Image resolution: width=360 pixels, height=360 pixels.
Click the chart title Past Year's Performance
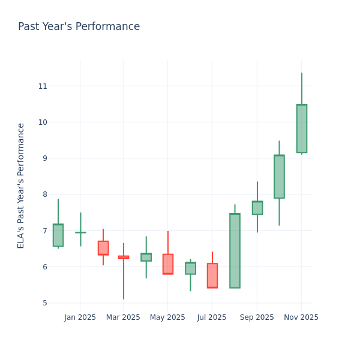click(x=79, y=27)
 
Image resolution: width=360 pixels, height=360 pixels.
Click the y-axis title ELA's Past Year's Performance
click(x=21, y=185)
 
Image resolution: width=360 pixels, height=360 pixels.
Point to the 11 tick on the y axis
click(x=42, y=86)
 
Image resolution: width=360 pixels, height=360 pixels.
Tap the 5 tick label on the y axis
click(x=44, y=303)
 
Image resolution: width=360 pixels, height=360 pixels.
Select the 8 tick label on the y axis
click(x=44, y=194)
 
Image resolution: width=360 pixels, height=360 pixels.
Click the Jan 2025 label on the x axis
click(x=80, y=317)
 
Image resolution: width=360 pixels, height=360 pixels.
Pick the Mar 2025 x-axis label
click(x=123, y=317)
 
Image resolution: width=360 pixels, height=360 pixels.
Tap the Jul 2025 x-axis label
click(x=212, y=317)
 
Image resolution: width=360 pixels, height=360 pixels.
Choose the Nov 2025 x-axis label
click(x=301, y=317)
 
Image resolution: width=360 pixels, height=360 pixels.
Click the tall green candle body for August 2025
click(x=235, y=251)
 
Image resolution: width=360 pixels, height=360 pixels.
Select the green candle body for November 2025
click(x=301, y=128)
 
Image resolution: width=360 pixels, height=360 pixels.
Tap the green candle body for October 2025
click(x=279, y=176)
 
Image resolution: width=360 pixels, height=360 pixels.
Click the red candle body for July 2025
click(x=212, y=275)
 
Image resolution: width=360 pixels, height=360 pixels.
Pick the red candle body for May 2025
click(x=167, y=264)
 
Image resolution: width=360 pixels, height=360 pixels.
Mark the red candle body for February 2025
click(x=103, y=248)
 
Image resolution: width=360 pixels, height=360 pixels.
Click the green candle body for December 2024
click(x=58, y=235)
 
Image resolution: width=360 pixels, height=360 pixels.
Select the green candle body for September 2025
click(x=257, y=208)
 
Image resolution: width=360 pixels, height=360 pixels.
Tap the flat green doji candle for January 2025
click(x=80, y=232)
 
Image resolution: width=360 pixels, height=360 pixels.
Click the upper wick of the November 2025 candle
click(x=301, y=89)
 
